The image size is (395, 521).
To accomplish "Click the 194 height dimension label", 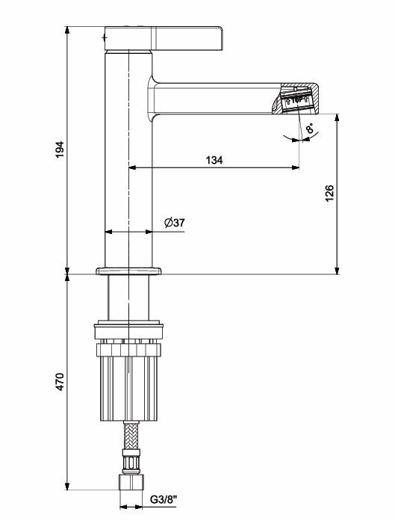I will pos(60,149).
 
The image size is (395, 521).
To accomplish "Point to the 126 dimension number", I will pos(329,194).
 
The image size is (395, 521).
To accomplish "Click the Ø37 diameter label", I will pos(173,223).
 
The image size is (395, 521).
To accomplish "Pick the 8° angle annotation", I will pos(309,129).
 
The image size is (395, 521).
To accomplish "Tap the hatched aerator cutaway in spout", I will pos(299,99).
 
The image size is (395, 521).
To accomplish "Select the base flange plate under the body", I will pos(128,270).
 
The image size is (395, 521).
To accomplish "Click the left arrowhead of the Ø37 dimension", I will pos(107,232).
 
